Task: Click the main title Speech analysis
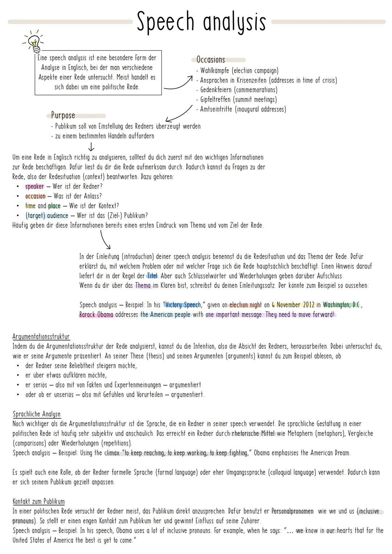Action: click(x=201, y=22)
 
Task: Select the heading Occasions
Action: click(x=211, y=60)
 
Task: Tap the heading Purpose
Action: click(x=63, y=115)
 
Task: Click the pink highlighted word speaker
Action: click(x=34, y=186)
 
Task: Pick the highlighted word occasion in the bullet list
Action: click(x=35, y=196)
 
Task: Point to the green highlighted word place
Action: click(x=54, y=206)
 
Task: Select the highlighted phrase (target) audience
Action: click(x=46, y=216)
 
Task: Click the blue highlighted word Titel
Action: click(x=152, y=276)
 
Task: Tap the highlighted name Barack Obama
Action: click(x=96, y=315)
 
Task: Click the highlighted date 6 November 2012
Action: click(x=293, y=305)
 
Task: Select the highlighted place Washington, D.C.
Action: click(x=342, y=305)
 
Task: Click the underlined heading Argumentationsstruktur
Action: click(x=41, y=337)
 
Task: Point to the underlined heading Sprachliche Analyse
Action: click(x=37, y=414)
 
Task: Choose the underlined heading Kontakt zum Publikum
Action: click(x=38, y=501)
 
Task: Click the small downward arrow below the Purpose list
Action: click(x=91, y=147)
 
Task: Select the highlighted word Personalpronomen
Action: click(x=293, y=511)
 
